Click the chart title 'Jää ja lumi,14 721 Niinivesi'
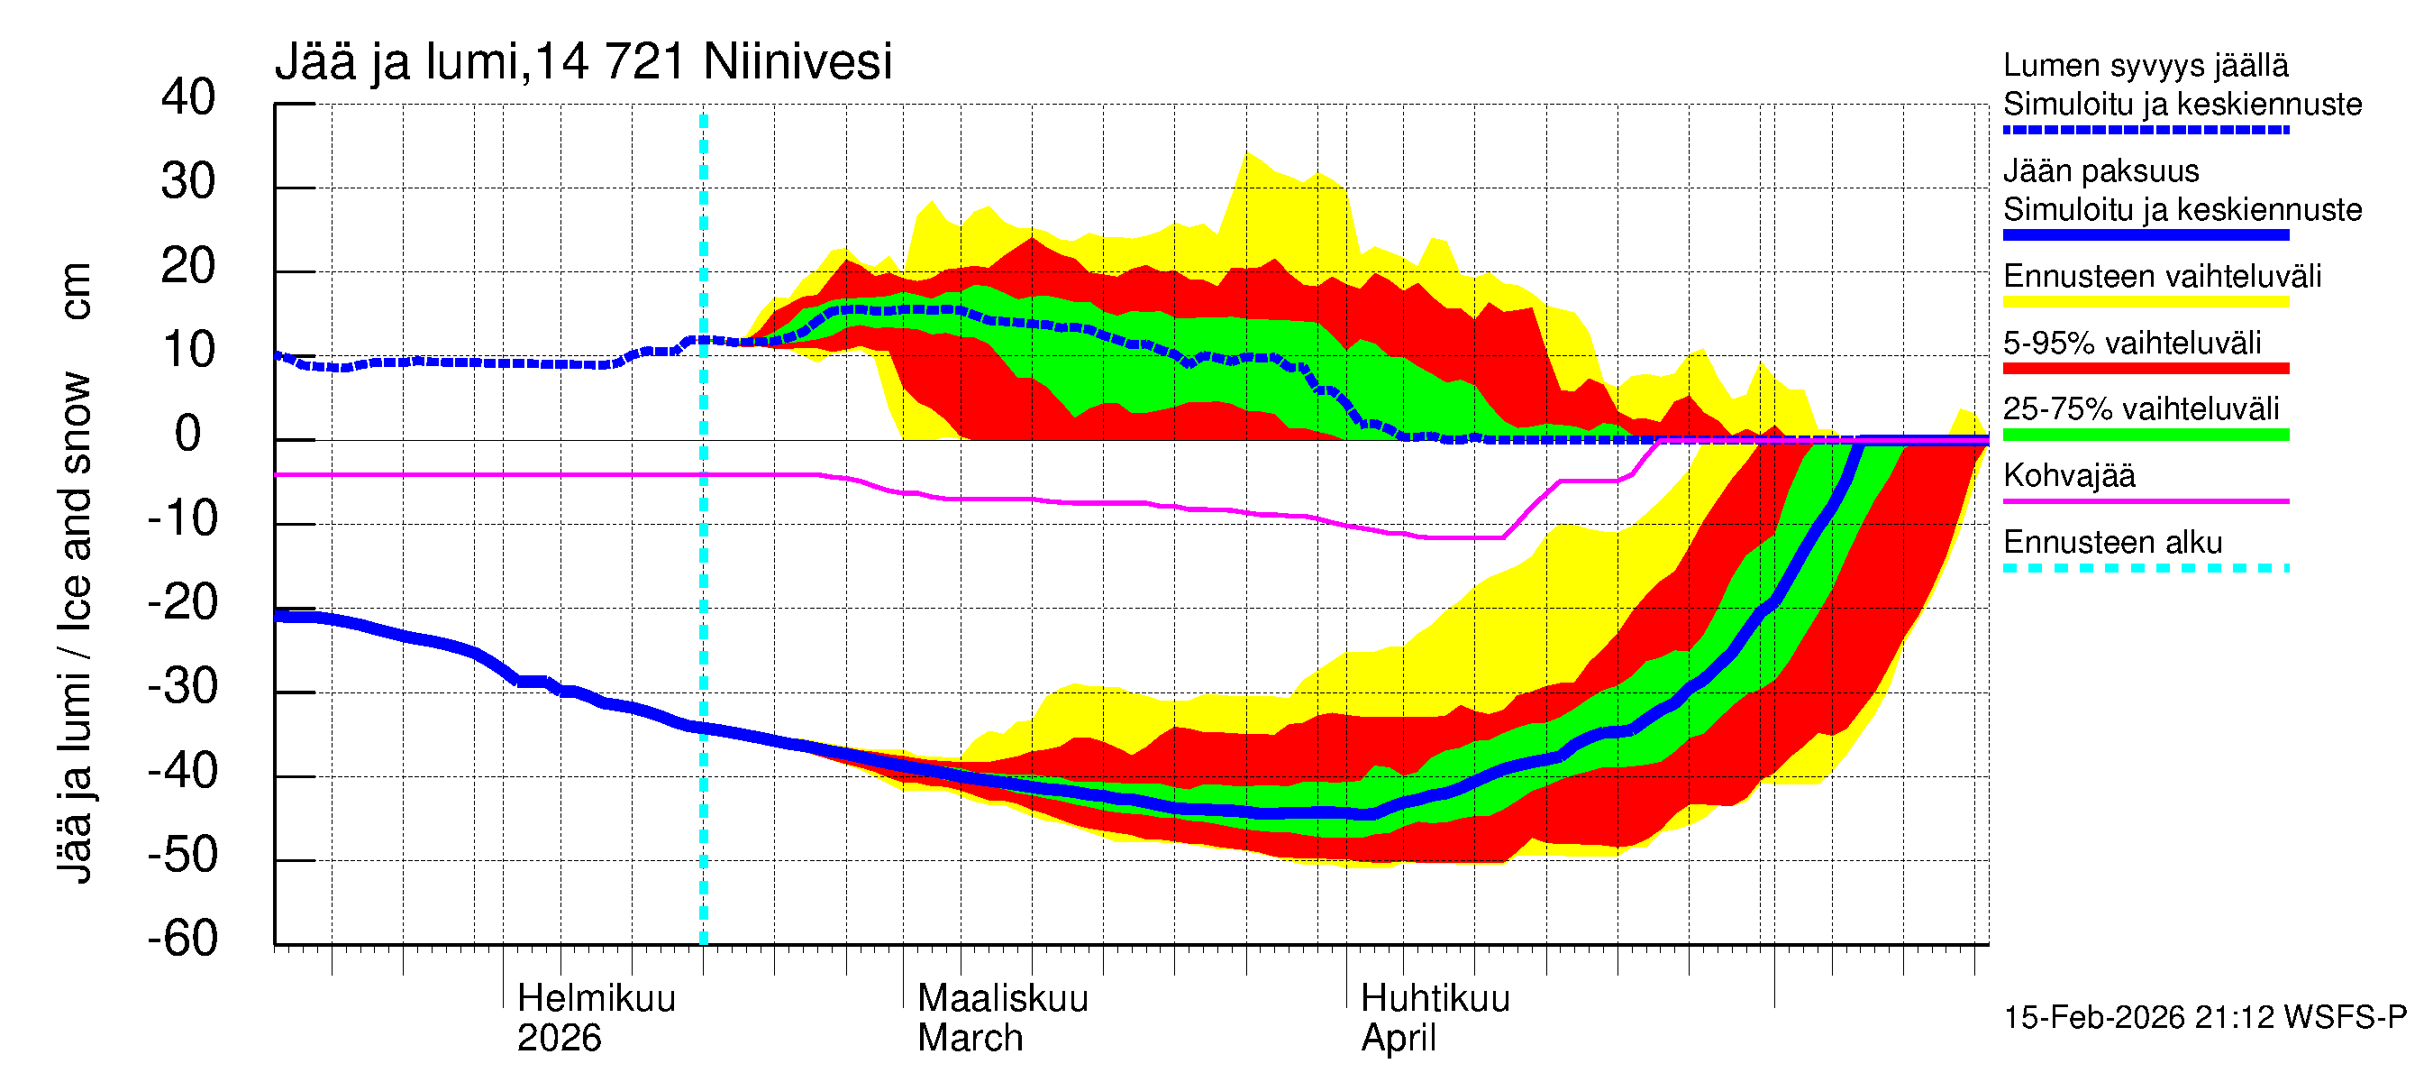pyautogui.click(x=583, y=62)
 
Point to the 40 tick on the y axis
pyautogui.click(x=188, y=97)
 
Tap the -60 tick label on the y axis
pyautogui.click(x=182, y=939)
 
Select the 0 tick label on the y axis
pyautogui.click(x=188, y=434)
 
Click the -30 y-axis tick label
pyautogui.click(x=182, y=686)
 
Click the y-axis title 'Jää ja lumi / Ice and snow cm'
pyautogui.click(x=75, y=573)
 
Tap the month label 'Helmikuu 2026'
pyautogui.click(x=596, y=1018)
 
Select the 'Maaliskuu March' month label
pyautogui.click(x=1002, y=1018)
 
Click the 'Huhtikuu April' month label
pyautogui.click(x=1435, y=1018)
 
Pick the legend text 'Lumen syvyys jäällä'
pyautogui.click(x=2145, y=65)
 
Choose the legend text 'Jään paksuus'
pyautogui.click(x=2100, y=171)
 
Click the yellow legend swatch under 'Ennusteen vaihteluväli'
pyautogui.click(x=2145, y=302)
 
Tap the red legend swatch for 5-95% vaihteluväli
pyautogui.click(x=2145, y=369)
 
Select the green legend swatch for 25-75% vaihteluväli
pyautogui.click(x=2145, y=435)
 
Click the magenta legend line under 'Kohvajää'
pyautogui.click(x=2145, y=500)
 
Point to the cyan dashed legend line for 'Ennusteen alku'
pyautogui.click(x=2145, y=568)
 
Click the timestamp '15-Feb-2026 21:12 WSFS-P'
pyautogui.click(x=2204, y=1017)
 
